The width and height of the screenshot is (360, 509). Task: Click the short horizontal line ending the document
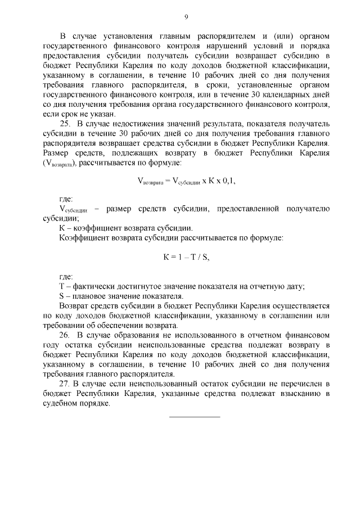[195, 416]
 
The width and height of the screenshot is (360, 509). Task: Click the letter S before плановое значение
[62, 296]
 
